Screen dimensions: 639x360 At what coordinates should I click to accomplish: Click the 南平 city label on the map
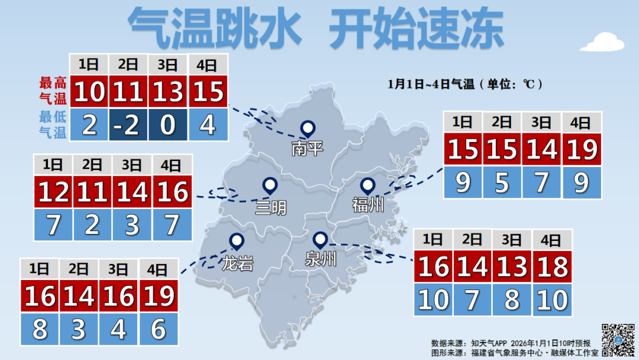point(308,147)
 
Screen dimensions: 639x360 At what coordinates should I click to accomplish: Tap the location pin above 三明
point(270,186)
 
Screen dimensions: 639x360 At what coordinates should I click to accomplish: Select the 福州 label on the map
point(367,205)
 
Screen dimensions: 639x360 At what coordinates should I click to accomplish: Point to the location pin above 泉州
point(320,240)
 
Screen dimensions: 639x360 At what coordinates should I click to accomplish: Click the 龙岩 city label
point(238,263)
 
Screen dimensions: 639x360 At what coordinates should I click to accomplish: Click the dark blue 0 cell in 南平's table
point(168,126)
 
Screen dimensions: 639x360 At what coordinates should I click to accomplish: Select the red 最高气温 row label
point(53,91)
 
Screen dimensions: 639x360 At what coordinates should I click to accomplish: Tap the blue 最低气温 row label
point(53,124)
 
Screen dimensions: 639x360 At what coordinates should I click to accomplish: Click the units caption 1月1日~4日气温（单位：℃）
point(465,84)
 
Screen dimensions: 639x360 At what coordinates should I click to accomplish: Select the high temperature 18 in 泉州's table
point(553,267)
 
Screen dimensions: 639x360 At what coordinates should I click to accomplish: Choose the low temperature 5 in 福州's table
point(502,183)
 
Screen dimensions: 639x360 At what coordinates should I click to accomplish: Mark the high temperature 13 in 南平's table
point(168,92)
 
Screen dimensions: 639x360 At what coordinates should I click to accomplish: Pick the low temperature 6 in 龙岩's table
point(157,330)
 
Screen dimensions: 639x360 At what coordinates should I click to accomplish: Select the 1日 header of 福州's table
point(463,123)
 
